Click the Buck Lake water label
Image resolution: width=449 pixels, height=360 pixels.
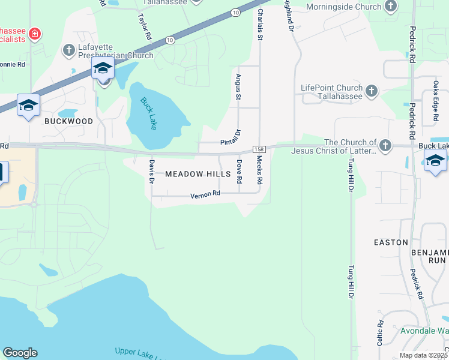148,113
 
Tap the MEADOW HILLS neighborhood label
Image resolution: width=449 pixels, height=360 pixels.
197,174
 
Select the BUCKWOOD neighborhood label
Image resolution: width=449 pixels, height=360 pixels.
69,121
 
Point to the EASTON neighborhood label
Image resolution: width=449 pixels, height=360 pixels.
391,242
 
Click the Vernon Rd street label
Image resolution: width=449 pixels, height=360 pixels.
206,194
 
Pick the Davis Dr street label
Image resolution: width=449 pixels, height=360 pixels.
152,171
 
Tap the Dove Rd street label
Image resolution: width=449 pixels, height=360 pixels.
239,171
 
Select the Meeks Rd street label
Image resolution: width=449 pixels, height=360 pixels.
259,170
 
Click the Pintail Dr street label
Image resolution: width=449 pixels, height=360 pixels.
231,139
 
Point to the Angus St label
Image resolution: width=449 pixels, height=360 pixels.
238,88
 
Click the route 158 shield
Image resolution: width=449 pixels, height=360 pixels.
259,149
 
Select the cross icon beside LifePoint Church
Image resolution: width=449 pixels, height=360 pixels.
372,92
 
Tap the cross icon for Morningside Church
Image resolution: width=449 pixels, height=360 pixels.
391,7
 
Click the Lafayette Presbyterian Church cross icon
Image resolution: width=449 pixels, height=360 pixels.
69,47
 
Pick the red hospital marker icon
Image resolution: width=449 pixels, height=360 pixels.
35,34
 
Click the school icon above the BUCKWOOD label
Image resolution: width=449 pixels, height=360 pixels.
28,106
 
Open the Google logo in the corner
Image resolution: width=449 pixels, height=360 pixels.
20,353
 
